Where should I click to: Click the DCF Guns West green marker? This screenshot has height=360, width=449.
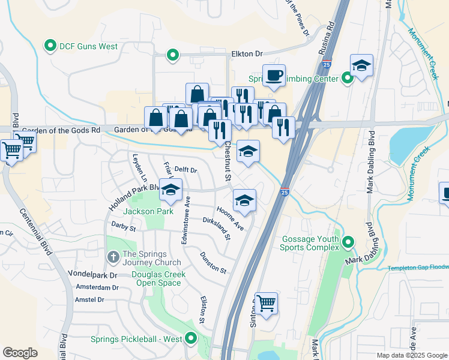(x=50, y=45)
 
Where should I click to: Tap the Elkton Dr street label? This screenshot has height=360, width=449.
(x=247, y=54)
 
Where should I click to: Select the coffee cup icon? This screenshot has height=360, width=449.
(x=274, y=76)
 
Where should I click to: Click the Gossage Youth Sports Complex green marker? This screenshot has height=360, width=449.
(x=347, y=242)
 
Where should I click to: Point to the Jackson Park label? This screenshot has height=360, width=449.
(x=148, y=211)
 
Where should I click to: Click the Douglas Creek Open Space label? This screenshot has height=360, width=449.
(x=158, y=279)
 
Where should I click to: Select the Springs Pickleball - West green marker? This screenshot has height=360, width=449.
(x=191, y=339)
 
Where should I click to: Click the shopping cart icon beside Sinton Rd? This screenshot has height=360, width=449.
(x=266, y=303)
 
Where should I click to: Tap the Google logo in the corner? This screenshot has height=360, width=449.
(x=20, y=353)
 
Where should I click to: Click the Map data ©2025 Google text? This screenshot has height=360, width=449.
(x=412, y=355)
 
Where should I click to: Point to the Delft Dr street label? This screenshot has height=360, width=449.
(x=185, y=170)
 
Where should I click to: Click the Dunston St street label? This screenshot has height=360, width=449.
(x=214, y=262)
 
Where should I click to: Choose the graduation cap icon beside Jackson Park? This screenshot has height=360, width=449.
(x=170, y=190)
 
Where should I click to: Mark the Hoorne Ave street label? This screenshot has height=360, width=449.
(x=230, y=217)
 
